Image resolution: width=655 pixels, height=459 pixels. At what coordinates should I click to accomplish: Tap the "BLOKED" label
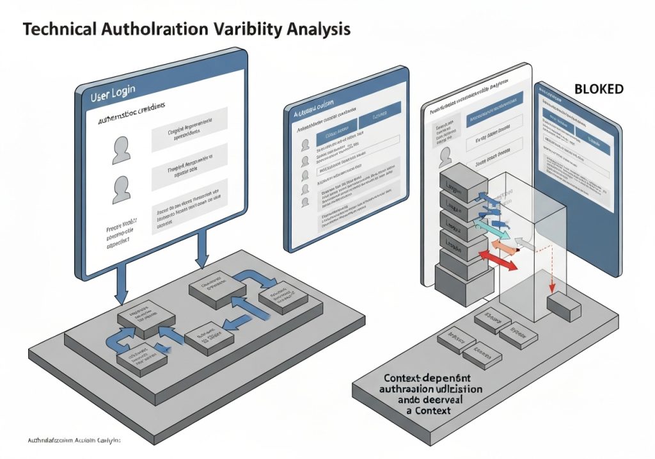click(598, 90)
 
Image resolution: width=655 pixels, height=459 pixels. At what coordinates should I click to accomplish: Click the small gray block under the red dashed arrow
click(564, 306)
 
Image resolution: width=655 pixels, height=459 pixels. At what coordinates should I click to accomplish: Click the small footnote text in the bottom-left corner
click(75, 441)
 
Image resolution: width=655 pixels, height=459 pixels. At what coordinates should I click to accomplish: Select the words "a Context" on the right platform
click(429, 410)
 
